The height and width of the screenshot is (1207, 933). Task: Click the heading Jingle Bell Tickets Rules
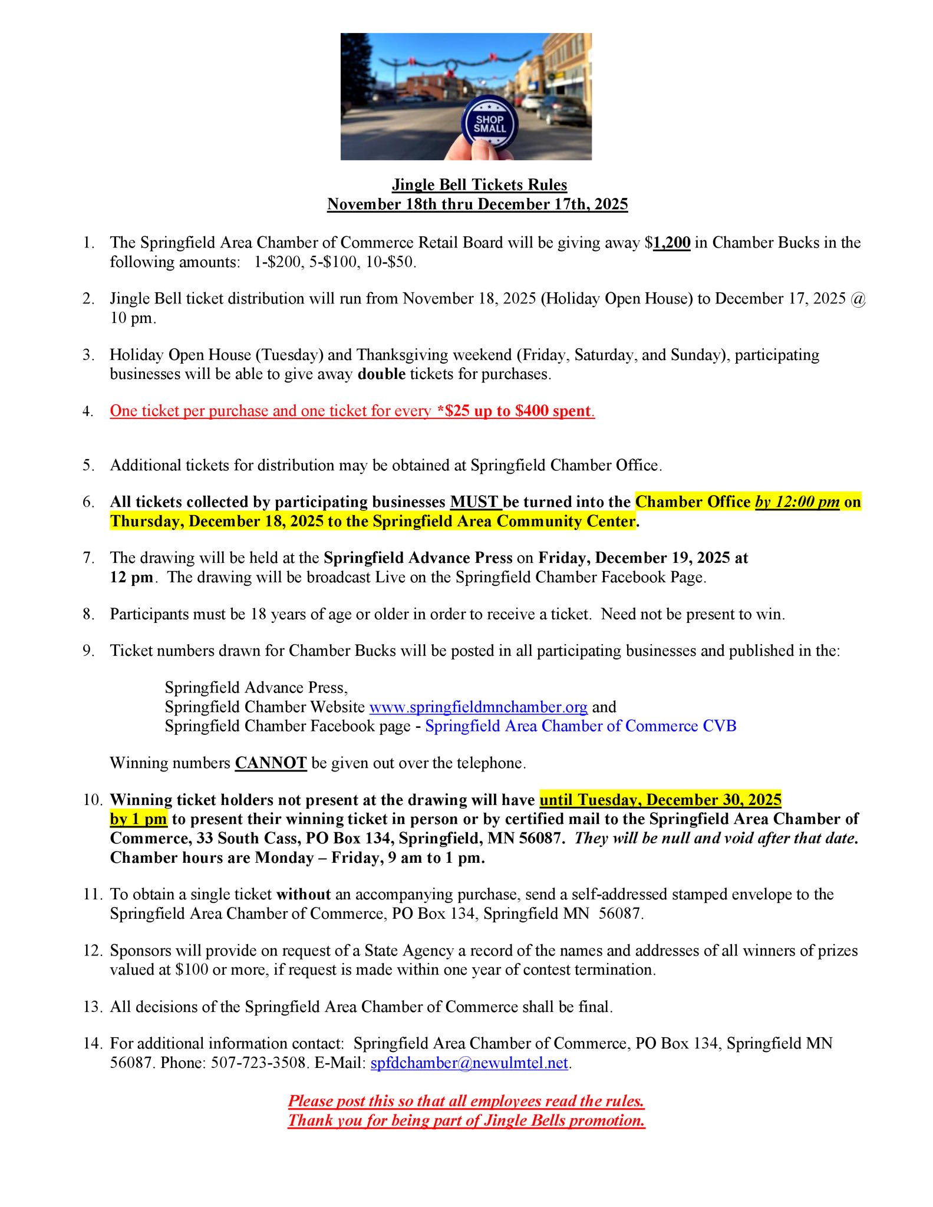click(x=479, y=184)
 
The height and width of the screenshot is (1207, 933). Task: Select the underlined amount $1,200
click(x=671, y=243)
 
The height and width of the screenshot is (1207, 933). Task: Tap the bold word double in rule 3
click(x=382, y=374)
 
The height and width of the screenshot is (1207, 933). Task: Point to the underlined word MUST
click(x=475, y=502)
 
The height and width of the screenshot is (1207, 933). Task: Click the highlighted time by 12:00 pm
click(x=797, y=502)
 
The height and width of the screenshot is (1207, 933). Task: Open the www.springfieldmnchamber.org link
click(x=478, y=707)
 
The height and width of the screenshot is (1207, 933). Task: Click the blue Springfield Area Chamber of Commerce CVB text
click(x=581, y=725)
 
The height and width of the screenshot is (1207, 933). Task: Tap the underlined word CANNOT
click(x=271, y=763)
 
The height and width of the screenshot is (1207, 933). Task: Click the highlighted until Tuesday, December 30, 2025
click(x=660, y=800)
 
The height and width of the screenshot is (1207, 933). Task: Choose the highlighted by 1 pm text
click(x=139, y=819)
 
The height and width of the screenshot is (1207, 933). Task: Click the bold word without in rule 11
click(x=304, y=894)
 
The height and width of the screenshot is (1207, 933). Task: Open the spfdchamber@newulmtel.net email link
click(x=469, y=1063)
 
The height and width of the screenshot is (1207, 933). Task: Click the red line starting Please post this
click(x=466, y=1101)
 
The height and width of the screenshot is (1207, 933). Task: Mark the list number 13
click(x=93, y=1007)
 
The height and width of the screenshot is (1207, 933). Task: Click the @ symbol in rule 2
click(x=859, y=299)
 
